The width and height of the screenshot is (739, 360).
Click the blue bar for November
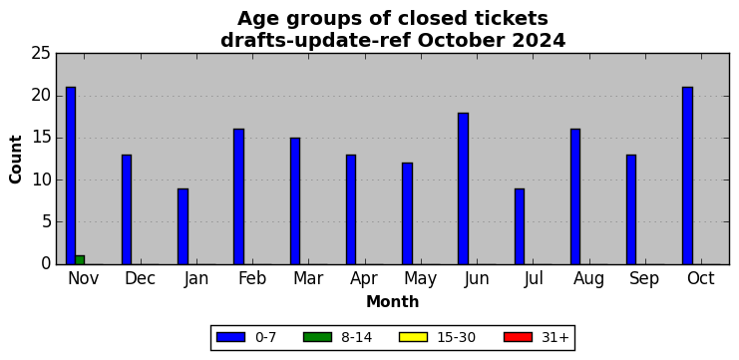(x=71, y=176)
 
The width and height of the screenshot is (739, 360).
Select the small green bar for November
(x=80, y=260)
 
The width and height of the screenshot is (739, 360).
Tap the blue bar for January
(x=183, y=226)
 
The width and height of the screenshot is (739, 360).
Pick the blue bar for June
(x=464, y=188)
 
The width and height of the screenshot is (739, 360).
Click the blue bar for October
(x=687, y=176)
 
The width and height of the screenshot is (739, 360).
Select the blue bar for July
(x=520, y=226)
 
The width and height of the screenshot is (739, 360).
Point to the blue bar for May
(x=407, y=213)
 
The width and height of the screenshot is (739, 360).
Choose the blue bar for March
(x=295, y=201)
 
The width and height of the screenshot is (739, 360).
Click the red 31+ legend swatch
(x=518, y=337)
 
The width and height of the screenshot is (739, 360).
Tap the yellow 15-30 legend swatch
(x=413, y=337)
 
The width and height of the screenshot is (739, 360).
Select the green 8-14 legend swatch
(x=317, y=337)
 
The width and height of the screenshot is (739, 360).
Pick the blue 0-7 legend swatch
(x=230, y=337)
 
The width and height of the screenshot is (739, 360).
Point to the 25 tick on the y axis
(x=41, y=54)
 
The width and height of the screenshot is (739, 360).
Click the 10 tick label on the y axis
(x=41, y=180)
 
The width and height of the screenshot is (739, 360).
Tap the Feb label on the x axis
(x=252, y=278)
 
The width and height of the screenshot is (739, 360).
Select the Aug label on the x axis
(x=588, y=279)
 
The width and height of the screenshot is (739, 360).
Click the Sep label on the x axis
(x=644, y=279)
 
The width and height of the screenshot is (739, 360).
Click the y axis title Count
(x=16, y=160)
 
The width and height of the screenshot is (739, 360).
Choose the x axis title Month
(x=393, y=301)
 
